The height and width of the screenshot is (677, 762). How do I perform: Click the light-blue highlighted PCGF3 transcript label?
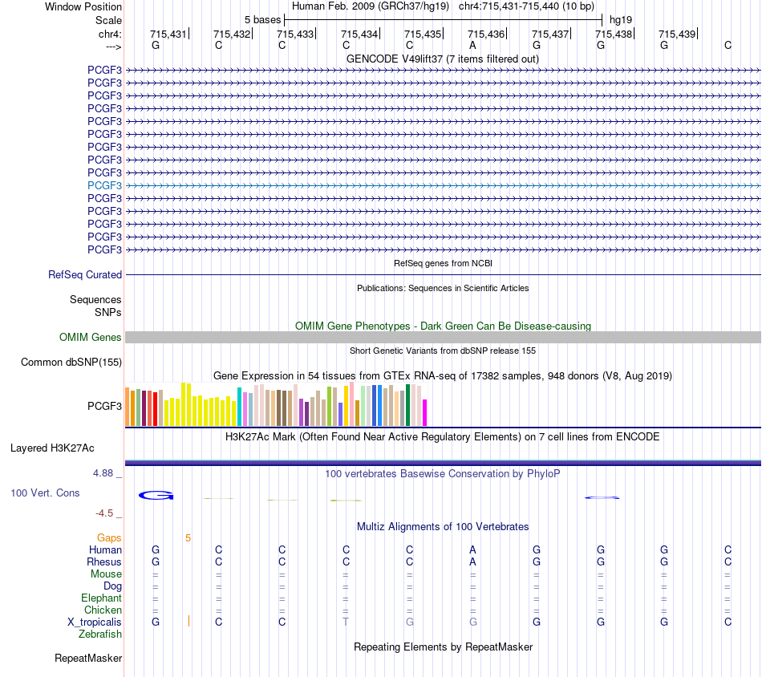[x=104, y=185]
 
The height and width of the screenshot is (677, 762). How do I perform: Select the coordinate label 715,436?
[x=486, y=34]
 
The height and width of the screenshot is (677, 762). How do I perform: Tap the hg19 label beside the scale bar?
[x=621, y=20]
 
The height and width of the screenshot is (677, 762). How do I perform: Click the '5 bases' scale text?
[x=262, y=20]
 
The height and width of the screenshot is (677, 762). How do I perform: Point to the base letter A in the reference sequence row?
[x=472, y=46]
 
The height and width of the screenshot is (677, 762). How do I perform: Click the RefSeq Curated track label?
[x=85, y=274]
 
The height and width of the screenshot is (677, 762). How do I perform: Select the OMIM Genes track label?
[x=91, y=337]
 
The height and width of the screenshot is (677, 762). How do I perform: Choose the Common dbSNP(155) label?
[x=71, y=362]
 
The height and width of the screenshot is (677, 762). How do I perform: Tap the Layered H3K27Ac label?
[x=52, y=448]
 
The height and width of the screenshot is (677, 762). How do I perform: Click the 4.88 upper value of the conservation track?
[x=103, y=473]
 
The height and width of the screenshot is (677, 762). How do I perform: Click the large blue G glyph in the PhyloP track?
[x=156, y=495]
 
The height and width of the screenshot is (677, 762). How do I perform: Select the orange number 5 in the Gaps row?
[x=188, y=538]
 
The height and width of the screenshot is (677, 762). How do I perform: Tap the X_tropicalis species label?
[x=95, y=622]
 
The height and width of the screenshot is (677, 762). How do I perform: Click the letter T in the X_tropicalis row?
[x=346, y=622]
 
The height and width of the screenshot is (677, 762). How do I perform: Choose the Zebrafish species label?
[x=100, y=634]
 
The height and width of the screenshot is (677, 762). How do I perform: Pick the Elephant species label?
[x=102, y=598]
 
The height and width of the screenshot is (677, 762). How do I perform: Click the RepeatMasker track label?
[x=88, y=658]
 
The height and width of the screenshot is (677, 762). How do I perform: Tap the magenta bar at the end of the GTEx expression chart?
[x=425, y=413]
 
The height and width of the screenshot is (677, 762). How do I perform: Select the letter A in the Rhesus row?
[x=472, y=562]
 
